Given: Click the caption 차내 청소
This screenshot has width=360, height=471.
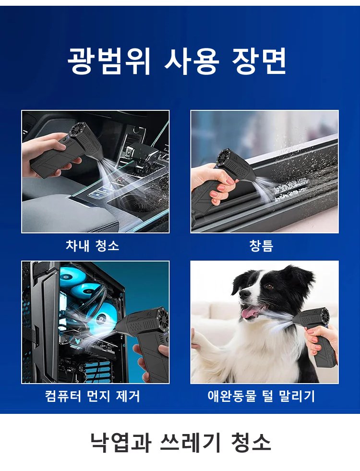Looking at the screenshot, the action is pyautogui.click(x=92, y=245).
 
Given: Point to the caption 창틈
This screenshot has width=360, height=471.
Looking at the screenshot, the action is pyautogui.click(x=261, y=245).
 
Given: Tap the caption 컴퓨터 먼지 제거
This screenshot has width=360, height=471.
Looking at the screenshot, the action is pyautogui.click(x=92, y=396).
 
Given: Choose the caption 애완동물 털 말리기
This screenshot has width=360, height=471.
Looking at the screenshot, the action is pyautogui.click(x=261, y=396).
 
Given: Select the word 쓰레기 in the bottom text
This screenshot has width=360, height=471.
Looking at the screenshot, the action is pyautogui.click(x=191, y=442).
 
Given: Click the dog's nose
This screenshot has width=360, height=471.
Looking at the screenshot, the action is pyautogui.click(x=244, y=294).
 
